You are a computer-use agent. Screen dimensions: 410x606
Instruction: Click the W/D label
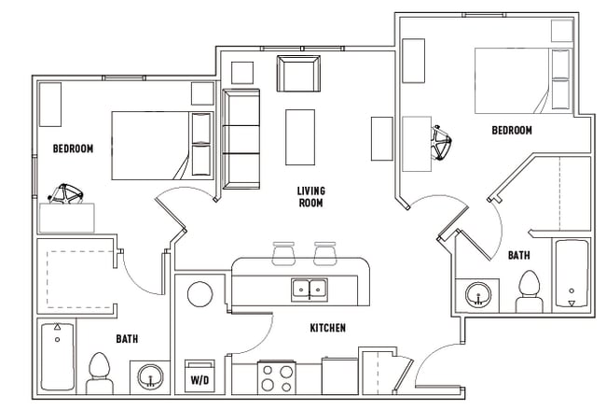click(200, 380)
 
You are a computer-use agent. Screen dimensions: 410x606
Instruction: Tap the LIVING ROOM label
click(310, 196)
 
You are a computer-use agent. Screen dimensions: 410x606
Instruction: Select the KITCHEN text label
click(327, 328)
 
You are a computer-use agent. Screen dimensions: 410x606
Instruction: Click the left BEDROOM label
click(73, 148)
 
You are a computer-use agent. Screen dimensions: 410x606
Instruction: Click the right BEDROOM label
click(512, 131)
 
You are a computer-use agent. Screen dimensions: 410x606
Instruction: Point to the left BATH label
click(128, 338)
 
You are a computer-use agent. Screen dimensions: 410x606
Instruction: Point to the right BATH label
click(520, 255)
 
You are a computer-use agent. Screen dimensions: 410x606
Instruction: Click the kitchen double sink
click(309, 289)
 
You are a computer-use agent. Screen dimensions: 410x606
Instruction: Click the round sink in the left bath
click(149, 377)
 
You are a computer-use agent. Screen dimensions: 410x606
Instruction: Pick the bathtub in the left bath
click(57, 357)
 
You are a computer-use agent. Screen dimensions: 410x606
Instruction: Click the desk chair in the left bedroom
click(67, 195)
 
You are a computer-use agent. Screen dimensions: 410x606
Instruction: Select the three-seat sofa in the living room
click(241, 137)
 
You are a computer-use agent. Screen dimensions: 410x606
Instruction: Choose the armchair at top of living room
click(297, 73)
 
